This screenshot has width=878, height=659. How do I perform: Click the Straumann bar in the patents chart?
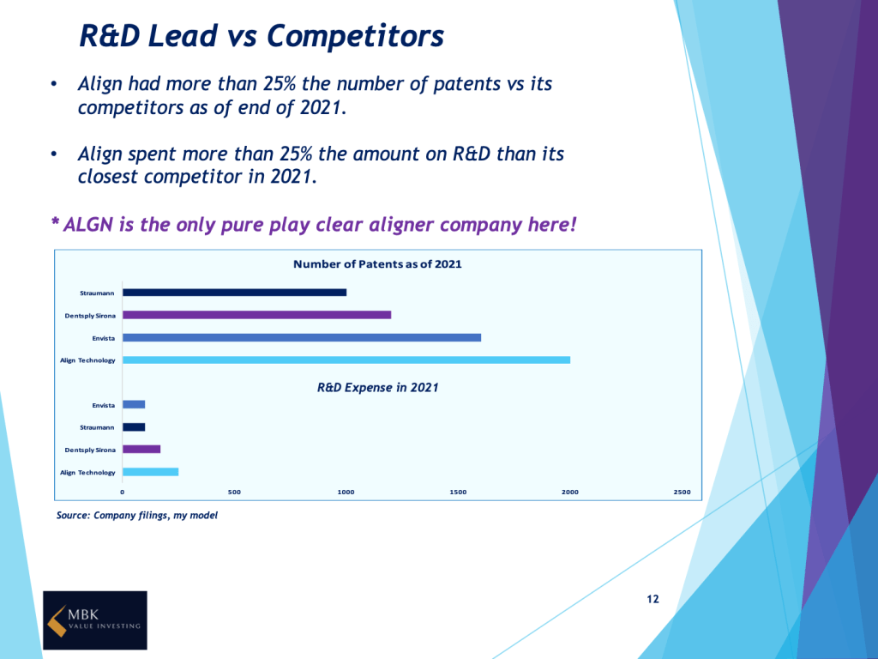[x=234, y=293]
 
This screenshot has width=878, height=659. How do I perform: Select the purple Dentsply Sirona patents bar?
[x=256, y=315]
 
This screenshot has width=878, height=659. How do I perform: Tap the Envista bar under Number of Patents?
[x=302, y=337]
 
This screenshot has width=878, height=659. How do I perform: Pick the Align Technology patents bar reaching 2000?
[x=346, y=360]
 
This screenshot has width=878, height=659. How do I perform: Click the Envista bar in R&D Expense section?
[x=134, y=405]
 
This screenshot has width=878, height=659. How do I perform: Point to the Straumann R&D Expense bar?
[x=134, y=427]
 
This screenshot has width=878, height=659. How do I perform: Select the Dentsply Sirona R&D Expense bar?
[x=141, y=450]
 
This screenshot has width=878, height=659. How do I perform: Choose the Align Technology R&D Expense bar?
[x=150, y=472]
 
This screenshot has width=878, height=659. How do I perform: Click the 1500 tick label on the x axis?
[x=458, y=492]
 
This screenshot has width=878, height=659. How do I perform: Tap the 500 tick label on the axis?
[x=234, y=492]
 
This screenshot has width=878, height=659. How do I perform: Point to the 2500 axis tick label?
[x=682, y=492]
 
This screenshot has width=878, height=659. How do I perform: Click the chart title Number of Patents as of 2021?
[x=377, y=264]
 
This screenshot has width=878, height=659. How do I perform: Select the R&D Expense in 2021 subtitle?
[x=377, y=388]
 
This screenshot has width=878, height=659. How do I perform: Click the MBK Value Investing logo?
[x=95, y=620]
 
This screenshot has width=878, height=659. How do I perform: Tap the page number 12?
[x=652, y=599]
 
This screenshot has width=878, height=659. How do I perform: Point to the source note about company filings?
[x=137, y=516]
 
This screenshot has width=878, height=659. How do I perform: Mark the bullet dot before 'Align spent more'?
[x=54, y=155]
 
